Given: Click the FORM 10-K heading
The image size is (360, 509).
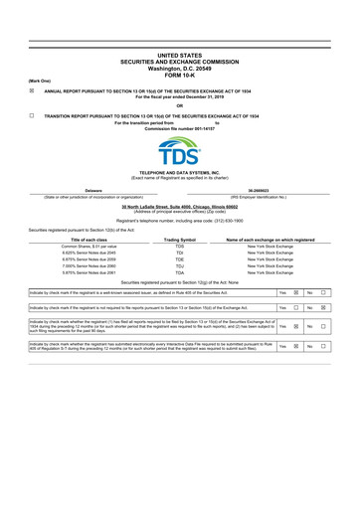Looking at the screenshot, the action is [x=180, y=73].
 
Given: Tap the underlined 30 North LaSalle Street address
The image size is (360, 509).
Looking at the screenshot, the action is [x=180, y=206].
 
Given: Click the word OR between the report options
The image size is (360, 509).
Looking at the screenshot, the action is [x=180, y=105].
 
